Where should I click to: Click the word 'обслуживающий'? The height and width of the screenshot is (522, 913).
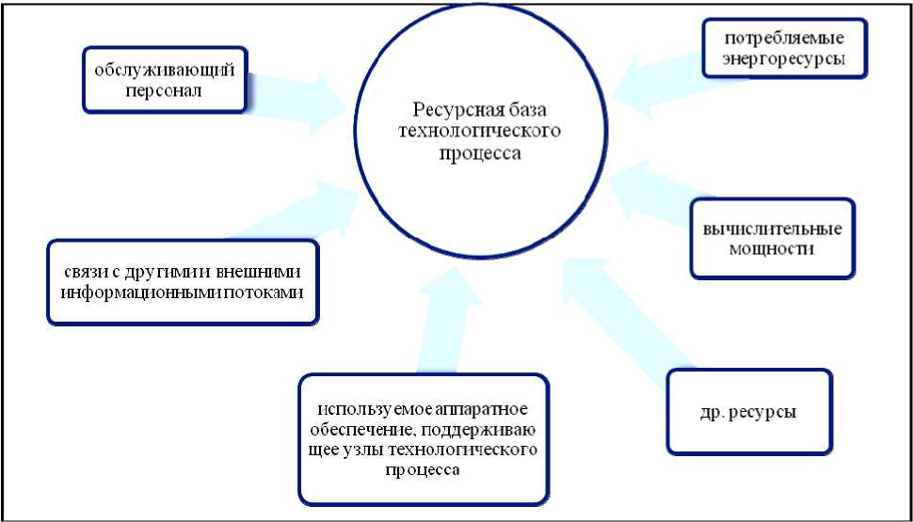[163, 71]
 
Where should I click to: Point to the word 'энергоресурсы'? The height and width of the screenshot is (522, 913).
[784, 58]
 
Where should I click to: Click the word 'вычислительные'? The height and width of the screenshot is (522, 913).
[772, 229]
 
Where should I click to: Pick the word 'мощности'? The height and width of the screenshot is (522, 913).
[772, 249]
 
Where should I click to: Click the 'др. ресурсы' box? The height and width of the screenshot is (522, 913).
[749, 412]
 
